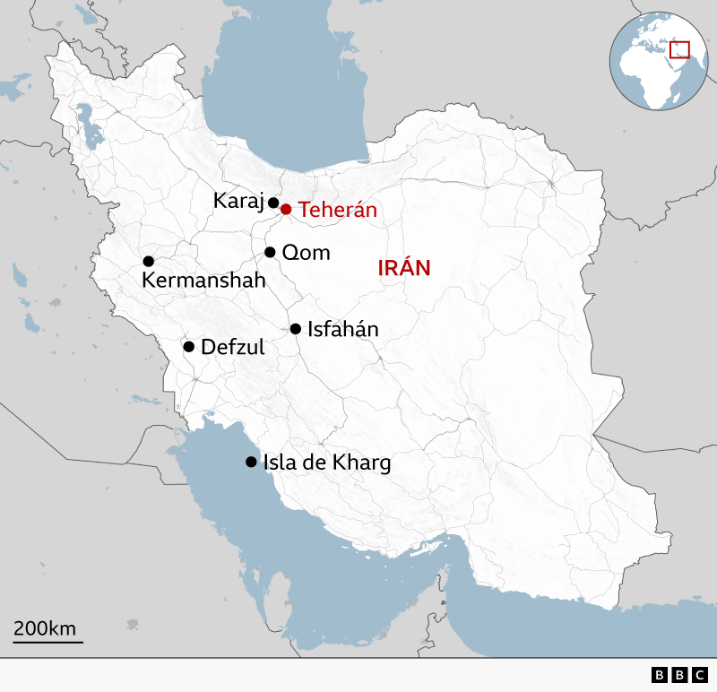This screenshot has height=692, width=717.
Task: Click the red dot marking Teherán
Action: pyautogui.click(x=286, y=210)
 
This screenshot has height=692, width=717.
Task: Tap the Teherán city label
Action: pyautogui.click(x=337, y=210)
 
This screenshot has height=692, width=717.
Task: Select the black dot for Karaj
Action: pyautogui.click(x=273, y=203)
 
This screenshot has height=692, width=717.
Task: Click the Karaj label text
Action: pyautogui.click(x=238, y=202)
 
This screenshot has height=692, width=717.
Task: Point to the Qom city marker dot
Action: pyautogui.click(x=270, y=253)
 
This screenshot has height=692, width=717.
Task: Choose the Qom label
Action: pyautogui.click(x=306, y=253)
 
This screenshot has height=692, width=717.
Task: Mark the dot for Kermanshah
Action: pyautogui.click(x=149, y=261)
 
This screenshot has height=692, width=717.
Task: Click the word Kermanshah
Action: pyautogui.click(x=203, y=281)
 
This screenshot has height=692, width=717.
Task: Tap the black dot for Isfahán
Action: pyautogui.click(x=295, y=329)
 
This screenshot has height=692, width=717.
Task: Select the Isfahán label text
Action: pyautogui.click(x=342, y=329)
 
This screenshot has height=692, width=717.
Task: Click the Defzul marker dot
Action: pyautogui.click(x=189, y=347)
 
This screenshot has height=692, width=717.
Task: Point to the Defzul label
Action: pyautogui.click(x=233, y=347)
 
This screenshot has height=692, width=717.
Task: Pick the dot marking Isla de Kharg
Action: pyautogui.click(x=251, y=463)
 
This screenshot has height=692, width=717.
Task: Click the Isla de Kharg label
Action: pyautogui.click(x=326, y=463)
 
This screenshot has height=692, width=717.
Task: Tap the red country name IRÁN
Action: pyautogui.click(x=404, y=267)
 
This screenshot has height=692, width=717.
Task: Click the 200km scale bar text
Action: pyautogui.click(x=44, y=627)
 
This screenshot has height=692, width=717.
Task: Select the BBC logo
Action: pyautogui.click(x=679, y=675)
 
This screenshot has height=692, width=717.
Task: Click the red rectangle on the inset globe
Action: pyautogui.click(x=679, y=49)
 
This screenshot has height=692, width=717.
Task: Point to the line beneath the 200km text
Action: pyautogui.click(x=48, y=641)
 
